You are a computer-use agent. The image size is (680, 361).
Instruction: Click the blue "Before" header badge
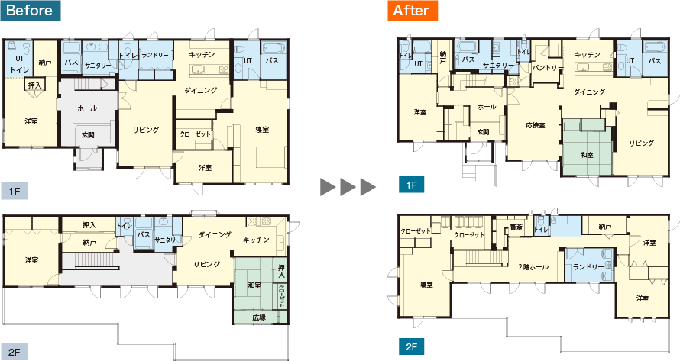[x=31, y=11]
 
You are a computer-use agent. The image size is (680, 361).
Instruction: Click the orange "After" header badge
[x=413, y=11]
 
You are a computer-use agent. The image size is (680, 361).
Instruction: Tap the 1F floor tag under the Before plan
[x=15, y=191]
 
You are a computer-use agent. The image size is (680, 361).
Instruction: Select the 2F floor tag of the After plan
[x=411, y=346]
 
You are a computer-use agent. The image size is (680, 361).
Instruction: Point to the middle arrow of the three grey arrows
[x=348, y=187]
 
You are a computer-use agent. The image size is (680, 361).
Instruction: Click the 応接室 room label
[x=535, y=125]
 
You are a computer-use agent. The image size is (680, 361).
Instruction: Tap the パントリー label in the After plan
[x=547, y=68]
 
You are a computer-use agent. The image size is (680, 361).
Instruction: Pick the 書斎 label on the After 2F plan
[x=516, y=227]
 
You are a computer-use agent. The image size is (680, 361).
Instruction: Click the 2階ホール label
[x=533, y=267]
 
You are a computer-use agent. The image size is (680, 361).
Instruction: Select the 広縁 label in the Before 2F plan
[x=259, y=317]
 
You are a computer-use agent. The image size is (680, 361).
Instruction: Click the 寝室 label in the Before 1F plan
[x=262, y=130]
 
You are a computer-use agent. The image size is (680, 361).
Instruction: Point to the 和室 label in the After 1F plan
[x=587, y=155]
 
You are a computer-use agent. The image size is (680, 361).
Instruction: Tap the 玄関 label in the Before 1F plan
[x=88, y=135]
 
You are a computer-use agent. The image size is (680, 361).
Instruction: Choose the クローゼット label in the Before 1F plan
[x=195, y=134]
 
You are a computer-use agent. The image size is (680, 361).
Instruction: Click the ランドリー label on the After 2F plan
[x=588, y=267]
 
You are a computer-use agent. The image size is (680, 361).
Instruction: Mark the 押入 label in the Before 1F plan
[x=34, y=85]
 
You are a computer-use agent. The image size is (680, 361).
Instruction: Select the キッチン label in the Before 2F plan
[x=256, y=240]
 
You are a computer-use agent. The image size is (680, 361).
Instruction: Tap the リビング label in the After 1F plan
[x=641, y=143]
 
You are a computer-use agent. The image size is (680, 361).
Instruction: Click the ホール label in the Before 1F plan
[x=87, y=108]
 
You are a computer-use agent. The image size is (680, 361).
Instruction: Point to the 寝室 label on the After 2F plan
[x=427, y=285]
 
